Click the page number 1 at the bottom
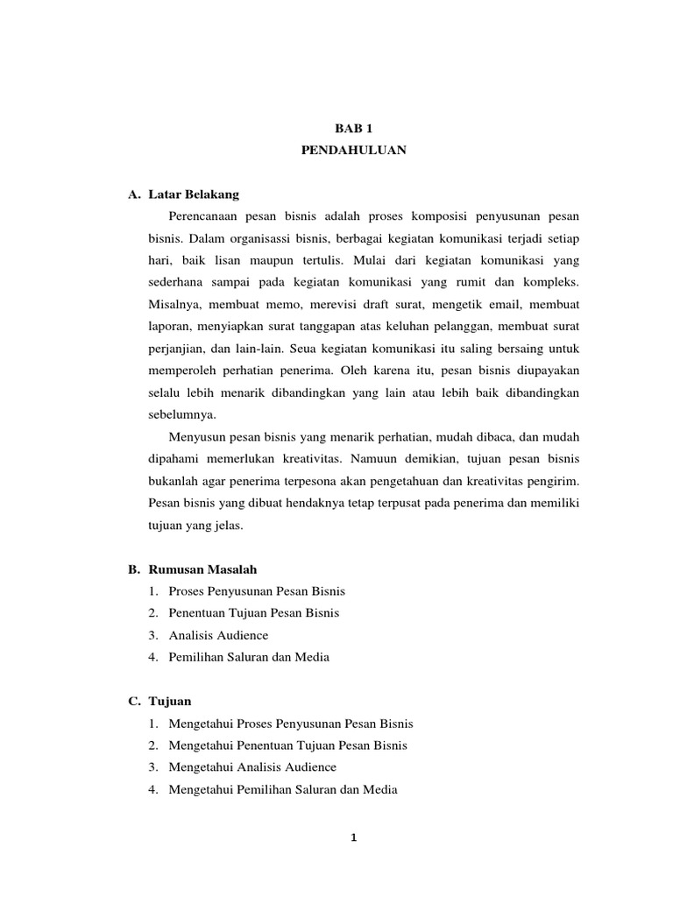click(x=353, y=837)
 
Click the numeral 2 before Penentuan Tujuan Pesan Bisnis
click(x=152, y=613)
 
